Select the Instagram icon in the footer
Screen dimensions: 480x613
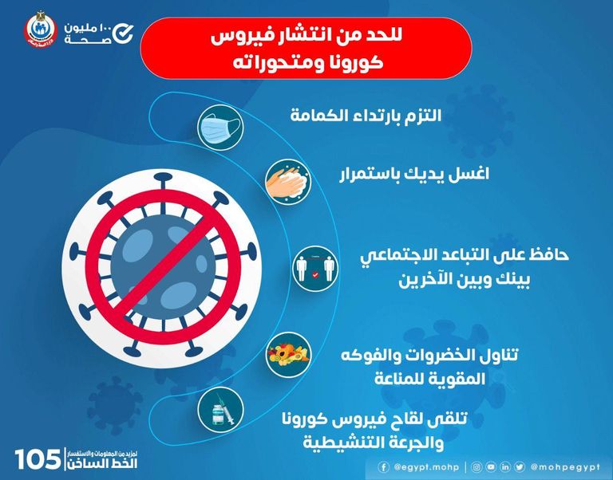click(x=477, y=465)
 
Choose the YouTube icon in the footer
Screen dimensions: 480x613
click(x=490, y=465)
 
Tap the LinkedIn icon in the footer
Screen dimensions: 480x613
click(x=504, y=465)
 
